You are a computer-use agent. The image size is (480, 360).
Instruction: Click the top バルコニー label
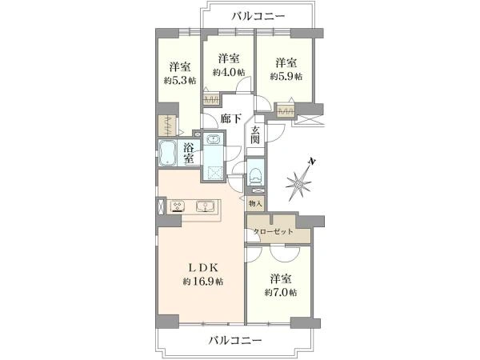tap(258, 16)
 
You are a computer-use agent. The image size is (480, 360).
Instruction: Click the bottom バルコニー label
tap(235, 340)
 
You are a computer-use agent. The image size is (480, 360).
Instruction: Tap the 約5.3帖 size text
tap(180, 81)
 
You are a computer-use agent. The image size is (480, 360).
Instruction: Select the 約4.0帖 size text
tap(229, 72)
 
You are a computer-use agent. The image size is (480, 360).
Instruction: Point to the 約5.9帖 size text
tap(286, 76)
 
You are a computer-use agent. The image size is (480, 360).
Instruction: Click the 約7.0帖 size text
tap(281, 292)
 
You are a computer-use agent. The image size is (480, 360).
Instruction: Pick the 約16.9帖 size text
tap(203, 282)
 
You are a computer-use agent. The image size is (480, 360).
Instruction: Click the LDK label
tap(203, 268)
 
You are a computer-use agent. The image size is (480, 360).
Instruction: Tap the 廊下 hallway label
tap(231, 118)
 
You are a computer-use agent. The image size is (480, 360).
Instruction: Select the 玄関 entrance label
tap(255, 135)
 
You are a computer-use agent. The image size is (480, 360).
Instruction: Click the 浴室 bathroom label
tap(189, 153)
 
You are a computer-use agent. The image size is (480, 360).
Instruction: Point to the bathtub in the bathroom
tap(167, 153)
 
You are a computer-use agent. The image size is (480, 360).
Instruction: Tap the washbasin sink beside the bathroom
tap(213, 139)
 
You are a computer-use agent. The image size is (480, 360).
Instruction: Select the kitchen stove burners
tap(178, 206)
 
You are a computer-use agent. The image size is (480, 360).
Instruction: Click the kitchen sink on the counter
tap(204, 206)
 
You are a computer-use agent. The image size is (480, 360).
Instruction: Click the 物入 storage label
tap(256, 203)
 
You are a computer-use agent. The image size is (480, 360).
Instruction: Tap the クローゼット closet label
tap(273, 231)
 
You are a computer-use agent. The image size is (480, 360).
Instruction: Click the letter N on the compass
tap(312, 162)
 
